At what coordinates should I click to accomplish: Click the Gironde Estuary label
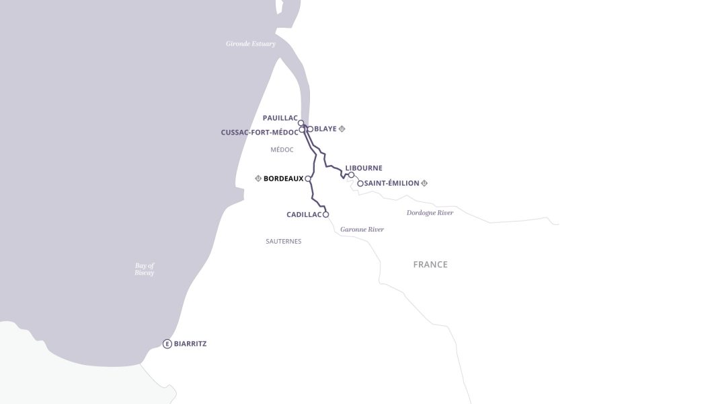click(x=250, y=44)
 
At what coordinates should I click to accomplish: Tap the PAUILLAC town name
click(x=280, y=118)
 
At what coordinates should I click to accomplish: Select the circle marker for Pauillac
click(x=301, y=123)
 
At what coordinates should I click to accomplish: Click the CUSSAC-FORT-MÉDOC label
click(x=259, y=133)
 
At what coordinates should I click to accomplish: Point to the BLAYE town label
click(x=325, y=129)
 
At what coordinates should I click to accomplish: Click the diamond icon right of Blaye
click(x=342, y=129)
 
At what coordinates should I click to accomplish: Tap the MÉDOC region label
click(x=282, y=149)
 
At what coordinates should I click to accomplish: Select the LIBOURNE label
click(x=364, y=168)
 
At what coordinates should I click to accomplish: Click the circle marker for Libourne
click(x=351, y=175)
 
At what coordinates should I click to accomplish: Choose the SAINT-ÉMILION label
click(x=391, y=183)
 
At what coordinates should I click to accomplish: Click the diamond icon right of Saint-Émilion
click(x=424, y=183)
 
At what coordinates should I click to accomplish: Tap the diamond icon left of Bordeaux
click(x=258, y=179)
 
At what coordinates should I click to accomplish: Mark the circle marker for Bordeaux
click(x=308, y=179)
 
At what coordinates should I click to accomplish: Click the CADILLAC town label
click(x=304, y=215)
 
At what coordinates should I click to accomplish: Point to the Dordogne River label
click(x=430, y=213)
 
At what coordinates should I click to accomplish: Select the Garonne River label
click(x=362, y=230)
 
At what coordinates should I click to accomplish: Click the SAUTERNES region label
click(x=283, y=241)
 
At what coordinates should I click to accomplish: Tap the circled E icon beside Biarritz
click(x=167, y=344)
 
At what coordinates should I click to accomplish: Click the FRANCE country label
click(x=430, y=265)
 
